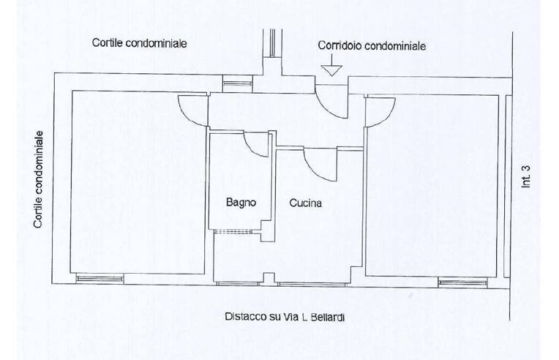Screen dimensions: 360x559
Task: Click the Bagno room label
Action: (x=240, y=203)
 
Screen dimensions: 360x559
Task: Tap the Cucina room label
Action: (x=305, y=203)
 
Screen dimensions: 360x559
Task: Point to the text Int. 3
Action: (x=526, y=176)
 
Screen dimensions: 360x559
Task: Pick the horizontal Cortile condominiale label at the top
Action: (x=139, y=43)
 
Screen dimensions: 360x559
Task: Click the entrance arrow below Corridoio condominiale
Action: (x=331, y=69)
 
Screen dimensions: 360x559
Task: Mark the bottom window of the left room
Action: (x=100, y=278)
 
